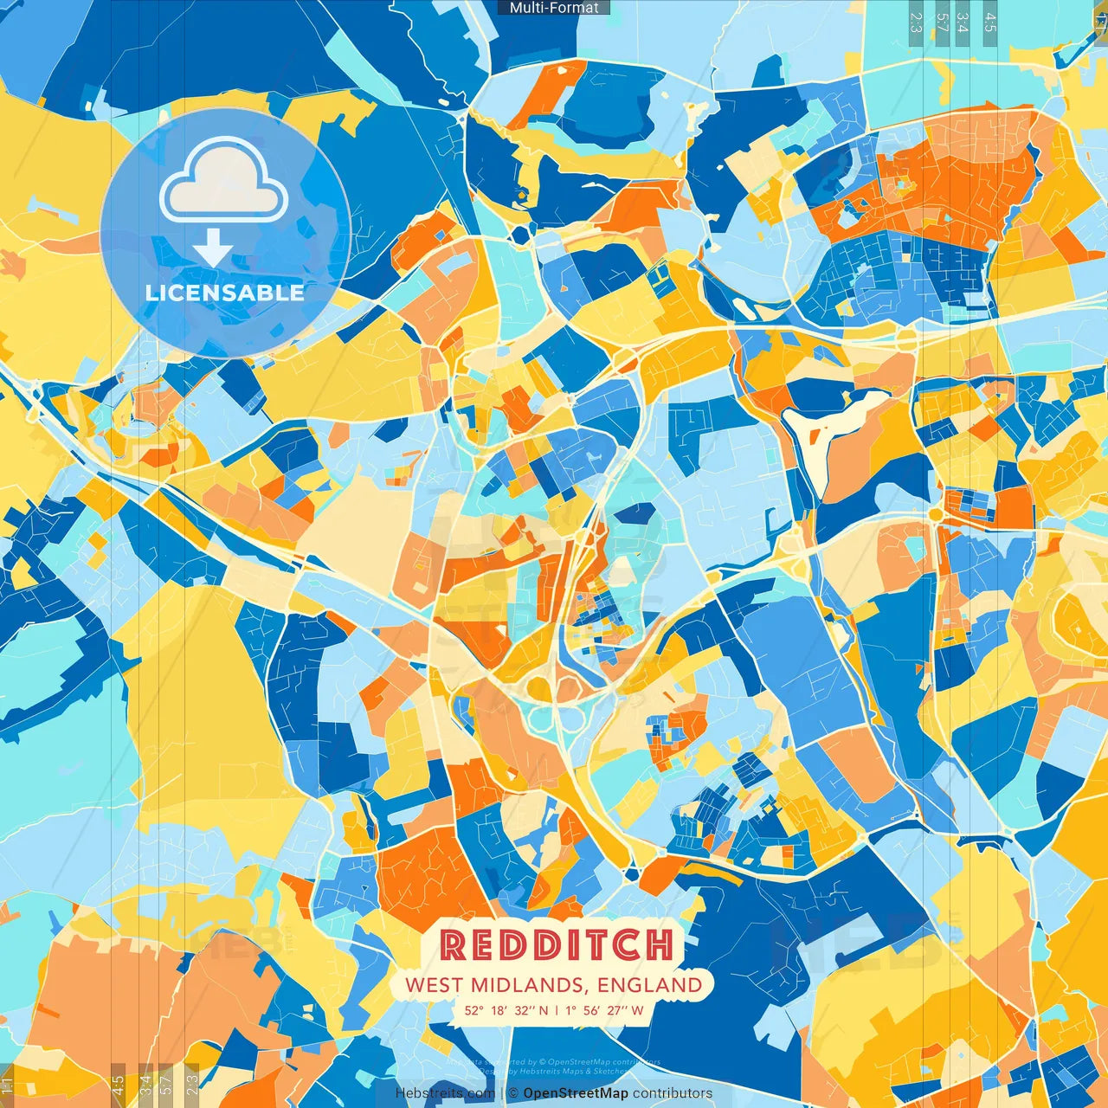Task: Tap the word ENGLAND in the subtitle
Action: (649, 985)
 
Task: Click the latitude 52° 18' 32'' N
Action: (506, 1010)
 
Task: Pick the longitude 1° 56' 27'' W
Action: (604, 1010)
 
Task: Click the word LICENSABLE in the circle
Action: (225, 293)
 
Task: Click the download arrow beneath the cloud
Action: (213, 250)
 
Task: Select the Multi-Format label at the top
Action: (554, 8)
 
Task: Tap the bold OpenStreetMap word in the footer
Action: (576, 1093)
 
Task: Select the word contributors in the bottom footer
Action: (673, 1093)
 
